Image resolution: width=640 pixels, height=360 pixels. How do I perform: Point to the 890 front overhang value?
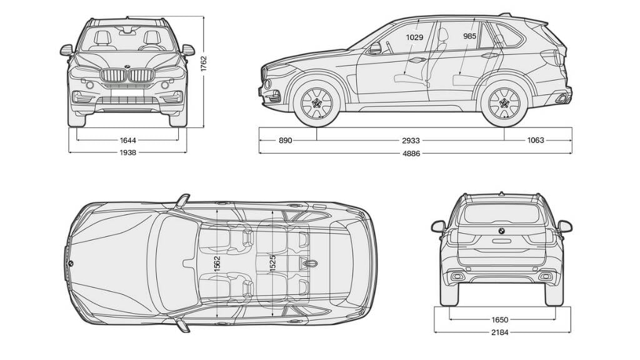(x=285, y=141)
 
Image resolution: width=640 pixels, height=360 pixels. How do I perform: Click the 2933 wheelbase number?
(x=411, y=141)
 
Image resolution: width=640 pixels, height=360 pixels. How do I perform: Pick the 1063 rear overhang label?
(x=536, y=141)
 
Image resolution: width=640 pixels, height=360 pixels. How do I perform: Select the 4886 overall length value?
(x=411, y=152)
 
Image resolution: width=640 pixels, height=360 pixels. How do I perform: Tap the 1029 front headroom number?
(x=414, y=37)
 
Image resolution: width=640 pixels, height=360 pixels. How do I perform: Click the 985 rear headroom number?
(x=470, y=37)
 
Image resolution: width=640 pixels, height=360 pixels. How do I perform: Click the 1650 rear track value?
(x=499, y=319)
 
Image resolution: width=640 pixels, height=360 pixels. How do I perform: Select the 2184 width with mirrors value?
(x=499, y=332)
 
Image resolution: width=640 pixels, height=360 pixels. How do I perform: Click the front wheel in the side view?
(x=316, y=101)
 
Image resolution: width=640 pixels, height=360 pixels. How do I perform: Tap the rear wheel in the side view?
(x=504, y=102)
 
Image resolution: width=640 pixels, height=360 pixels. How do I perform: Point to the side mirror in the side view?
(x=376, y=48)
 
